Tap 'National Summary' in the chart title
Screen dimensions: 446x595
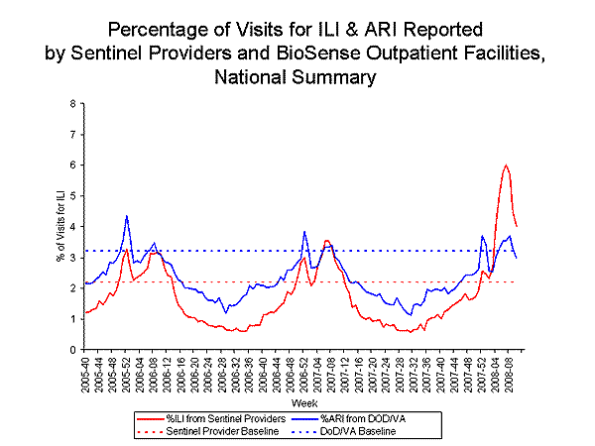coord(297,75)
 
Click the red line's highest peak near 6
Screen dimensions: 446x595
coord(506,165)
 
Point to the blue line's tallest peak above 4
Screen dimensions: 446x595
coord(127,215)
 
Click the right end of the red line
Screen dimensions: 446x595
coord(517,227)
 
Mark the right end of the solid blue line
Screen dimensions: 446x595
coord(517,258)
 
